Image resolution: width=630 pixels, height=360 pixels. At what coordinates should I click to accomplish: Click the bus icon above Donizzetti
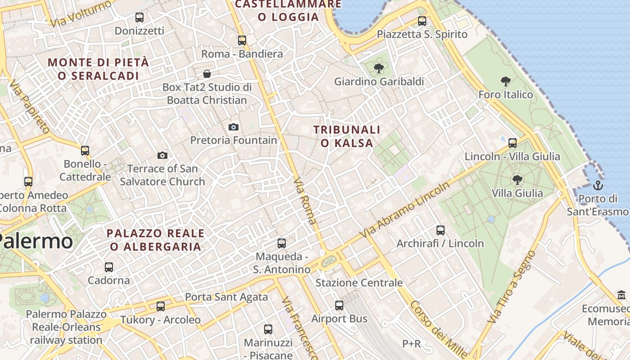(x=139, y=18)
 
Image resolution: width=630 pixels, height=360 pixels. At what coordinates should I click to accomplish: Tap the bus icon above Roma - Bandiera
(x=242, y=40)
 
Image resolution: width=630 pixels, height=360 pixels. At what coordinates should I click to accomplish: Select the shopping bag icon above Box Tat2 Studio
(x=207, y=73)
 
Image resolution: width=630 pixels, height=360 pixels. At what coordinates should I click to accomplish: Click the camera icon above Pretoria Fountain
(x=233, y=127)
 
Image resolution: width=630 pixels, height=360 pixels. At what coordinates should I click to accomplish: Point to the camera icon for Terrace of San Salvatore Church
(x=162, y=155)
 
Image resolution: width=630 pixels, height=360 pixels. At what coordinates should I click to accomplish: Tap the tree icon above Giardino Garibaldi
(x=379, y=68)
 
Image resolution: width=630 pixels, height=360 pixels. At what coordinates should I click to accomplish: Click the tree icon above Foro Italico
(x=506, y=81)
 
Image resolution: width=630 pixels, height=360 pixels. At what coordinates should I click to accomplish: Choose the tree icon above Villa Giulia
(x=517, y=180)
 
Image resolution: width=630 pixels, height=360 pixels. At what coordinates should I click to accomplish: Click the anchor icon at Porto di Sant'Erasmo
(x=598, y=185)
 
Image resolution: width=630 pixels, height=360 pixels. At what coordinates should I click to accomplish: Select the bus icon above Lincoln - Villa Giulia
(x=512, y=143)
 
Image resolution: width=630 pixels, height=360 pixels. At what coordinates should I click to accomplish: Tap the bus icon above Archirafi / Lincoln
(x=441, y=230)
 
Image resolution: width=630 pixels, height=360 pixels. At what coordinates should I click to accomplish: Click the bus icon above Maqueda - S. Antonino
(x=282, y=243)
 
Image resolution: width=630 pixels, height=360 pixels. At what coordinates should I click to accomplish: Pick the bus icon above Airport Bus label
(x=339, y=306)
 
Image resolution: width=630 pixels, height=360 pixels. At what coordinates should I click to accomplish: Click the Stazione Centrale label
(x=359, y=283)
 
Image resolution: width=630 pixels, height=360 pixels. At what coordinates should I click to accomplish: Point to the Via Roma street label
(x=305, y=200)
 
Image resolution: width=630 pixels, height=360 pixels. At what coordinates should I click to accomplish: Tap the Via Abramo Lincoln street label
(x=405, y=210)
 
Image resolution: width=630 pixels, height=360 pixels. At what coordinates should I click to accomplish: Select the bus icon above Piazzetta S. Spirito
(x=422, y=21)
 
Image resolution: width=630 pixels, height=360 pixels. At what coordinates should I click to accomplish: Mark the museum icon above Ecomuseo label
(x=621, y=295)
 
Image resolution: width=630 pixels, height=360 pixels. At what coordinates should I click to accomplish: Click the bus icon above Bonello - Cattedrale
(x=85, y=150)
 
